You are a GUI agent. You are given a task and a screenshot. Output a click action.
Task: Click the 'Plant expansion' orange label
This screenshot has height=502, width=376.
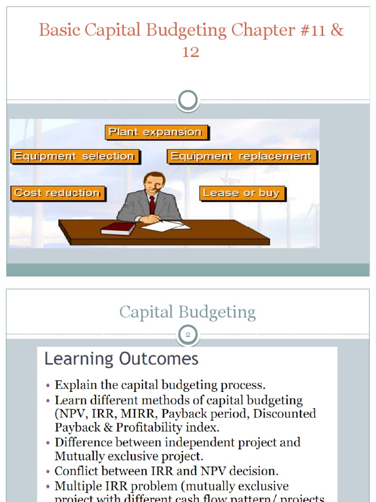(155, 132)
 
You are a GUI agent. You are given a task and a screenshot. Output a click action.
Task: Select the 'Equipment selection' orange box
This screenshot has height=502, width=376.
(74, 157)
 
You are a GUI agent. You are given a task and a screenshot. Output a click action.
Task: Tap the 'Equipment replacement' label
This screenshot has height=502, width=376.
(241, 157)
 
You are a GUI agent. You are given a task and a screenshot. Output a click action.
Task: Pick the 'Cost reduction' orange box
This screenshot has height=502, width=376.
(57, 193)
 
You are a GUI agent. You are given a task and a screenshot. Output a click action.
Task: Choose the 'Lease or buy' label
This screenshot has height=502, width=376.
(241, 193)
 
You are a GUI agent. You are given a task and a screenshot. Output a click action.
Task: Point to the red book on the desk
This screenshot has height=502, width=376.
(117, 228)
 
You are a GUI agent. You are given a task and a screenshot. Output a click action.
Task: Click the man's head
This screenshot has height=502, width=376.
(154, 182)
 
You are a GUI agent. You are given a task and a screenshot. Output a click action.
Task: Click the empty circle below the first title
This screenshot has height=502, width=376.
(188, 100)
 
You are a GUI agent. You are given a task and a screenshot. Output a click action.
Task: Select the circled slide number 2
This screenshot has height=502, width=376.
(188, 335)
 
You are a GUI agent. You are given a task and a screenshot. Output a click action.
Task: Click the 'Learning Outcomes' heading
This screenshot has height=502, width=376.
(121, 359)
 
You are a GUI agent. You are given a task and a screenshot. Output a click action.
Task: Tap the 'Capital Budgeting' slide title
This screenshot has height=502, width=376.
(188, 312)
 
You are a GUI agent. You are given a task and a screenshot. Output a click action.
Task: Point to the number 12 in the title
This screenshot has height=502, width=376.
(190, 51)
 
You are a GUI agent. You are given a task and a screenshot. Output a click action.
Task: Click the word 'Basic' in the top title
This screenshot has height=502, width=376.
(59, 30)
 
